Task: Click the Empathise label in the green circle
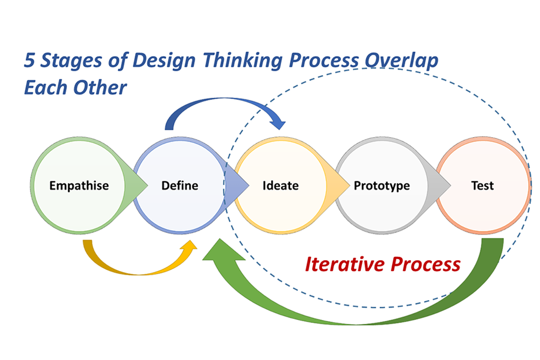coord(79,186)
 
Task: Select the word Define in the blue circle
coord(180,186)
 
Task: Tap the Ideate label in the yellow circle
coord(280,186)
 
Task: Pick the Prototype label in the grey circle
coord(381,186)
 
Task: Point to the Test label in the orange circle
coord(482,186)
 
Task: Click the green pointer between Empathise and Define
coord(140,186)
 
